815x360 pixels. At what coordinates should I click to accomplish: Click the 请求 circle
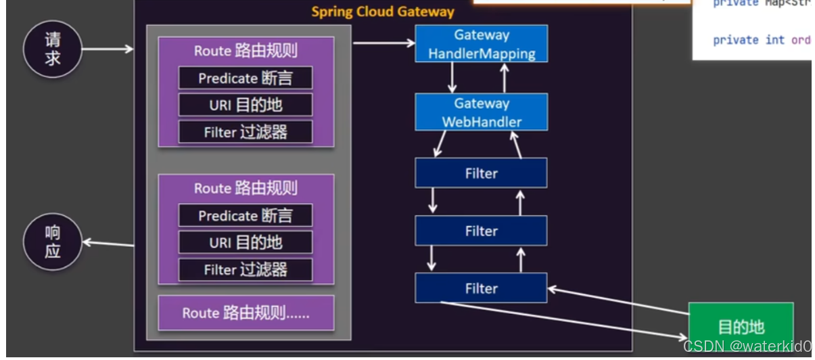click(x=52, y=49)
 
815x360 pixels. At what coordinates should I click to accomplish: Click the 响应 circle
click(x=52, y=242)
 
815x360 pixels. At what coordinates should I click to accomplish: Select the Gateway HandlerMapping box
click(x=481, y=44)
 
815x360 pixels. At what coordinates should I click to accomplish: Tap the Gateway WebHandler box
click(x=481, y=112)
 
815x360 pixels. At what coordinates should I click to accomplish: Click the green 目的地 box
click(x=741, y=327)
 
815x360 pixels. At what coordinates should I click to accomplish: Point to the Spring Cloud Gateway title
click(x=383, y=12)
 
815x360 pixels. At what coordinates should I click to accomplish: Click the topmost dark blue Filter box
click(x=481, y=173)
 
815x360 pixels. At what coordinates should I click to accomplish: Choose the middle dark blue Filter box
click(x=481, y=231)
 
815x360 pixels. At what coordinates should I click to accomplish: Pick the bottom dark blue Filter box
click(x=481, y=288)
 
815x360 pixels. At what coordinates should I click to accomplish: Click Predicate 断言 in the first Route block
click(x=246, y=78)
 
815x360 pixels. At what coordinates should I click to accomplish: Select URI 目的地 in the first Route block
click(x=246, y=105)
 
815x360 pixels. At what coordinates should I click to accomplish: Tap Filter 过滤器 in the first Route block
click(x=246, y=132)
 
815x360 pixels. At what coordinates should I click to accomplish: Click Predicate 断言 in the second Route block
click(x=246, y=216)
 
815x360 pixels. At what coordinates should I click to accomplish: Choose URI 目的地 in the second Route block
click(x=246, y=242)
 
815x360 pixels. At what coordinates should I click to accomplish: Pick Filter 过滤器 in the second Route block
click(x=246, y=269)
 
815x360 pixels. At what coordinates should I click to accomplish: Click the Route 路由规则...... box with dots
click(x=246, y=313)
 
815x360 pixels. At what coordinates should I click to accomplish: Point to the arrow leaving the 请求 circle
click(x=108, y=49)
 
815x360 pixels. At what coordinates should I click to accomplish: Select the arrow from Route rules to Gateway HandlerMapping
click(x=383, y=43)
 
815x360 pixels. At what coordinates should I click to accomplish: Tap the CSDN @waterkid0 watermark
click(x=747, y=347)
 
